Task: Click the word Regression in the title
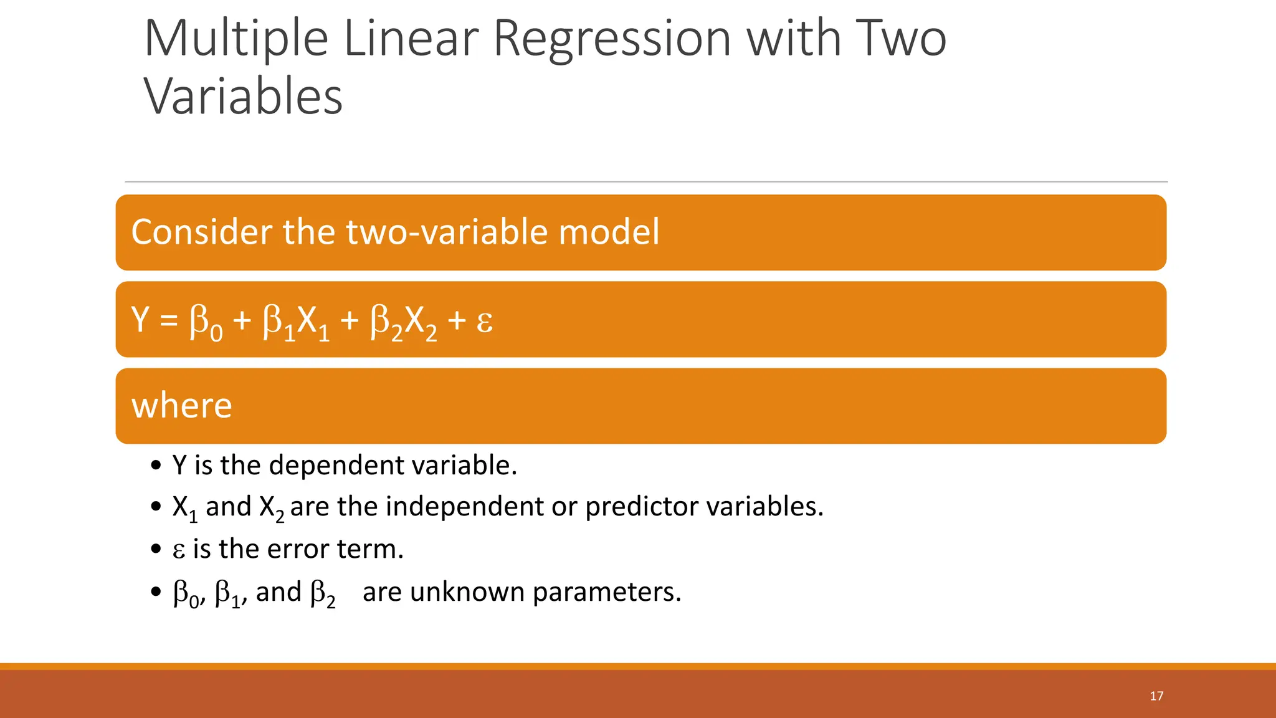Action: pyautogui.click(x=612, y=39)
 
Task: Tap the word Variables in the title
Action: pyautogui.click(x=243, y=97)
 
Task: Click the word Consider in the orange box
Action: pyautogui.click(x=202, y=232)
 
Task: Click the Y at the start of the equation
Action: pyautogui.click(x=140, y=319)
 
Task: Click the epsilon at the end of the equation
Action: pyautogui.click(x=485, y=322)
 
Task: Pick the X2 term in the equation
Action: pyautogui.click(x=421, y=323)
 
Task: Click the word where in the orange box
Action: pyautogui.click(x=181, y=406)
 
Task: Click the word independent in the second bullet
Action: pyautogui.click(x=464, y=506)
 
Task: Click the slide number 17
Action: pyautogui.click(x=1156, y=696)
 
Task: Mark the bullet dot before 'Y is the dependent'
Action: pyautogui.click(x=156, y=466)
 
